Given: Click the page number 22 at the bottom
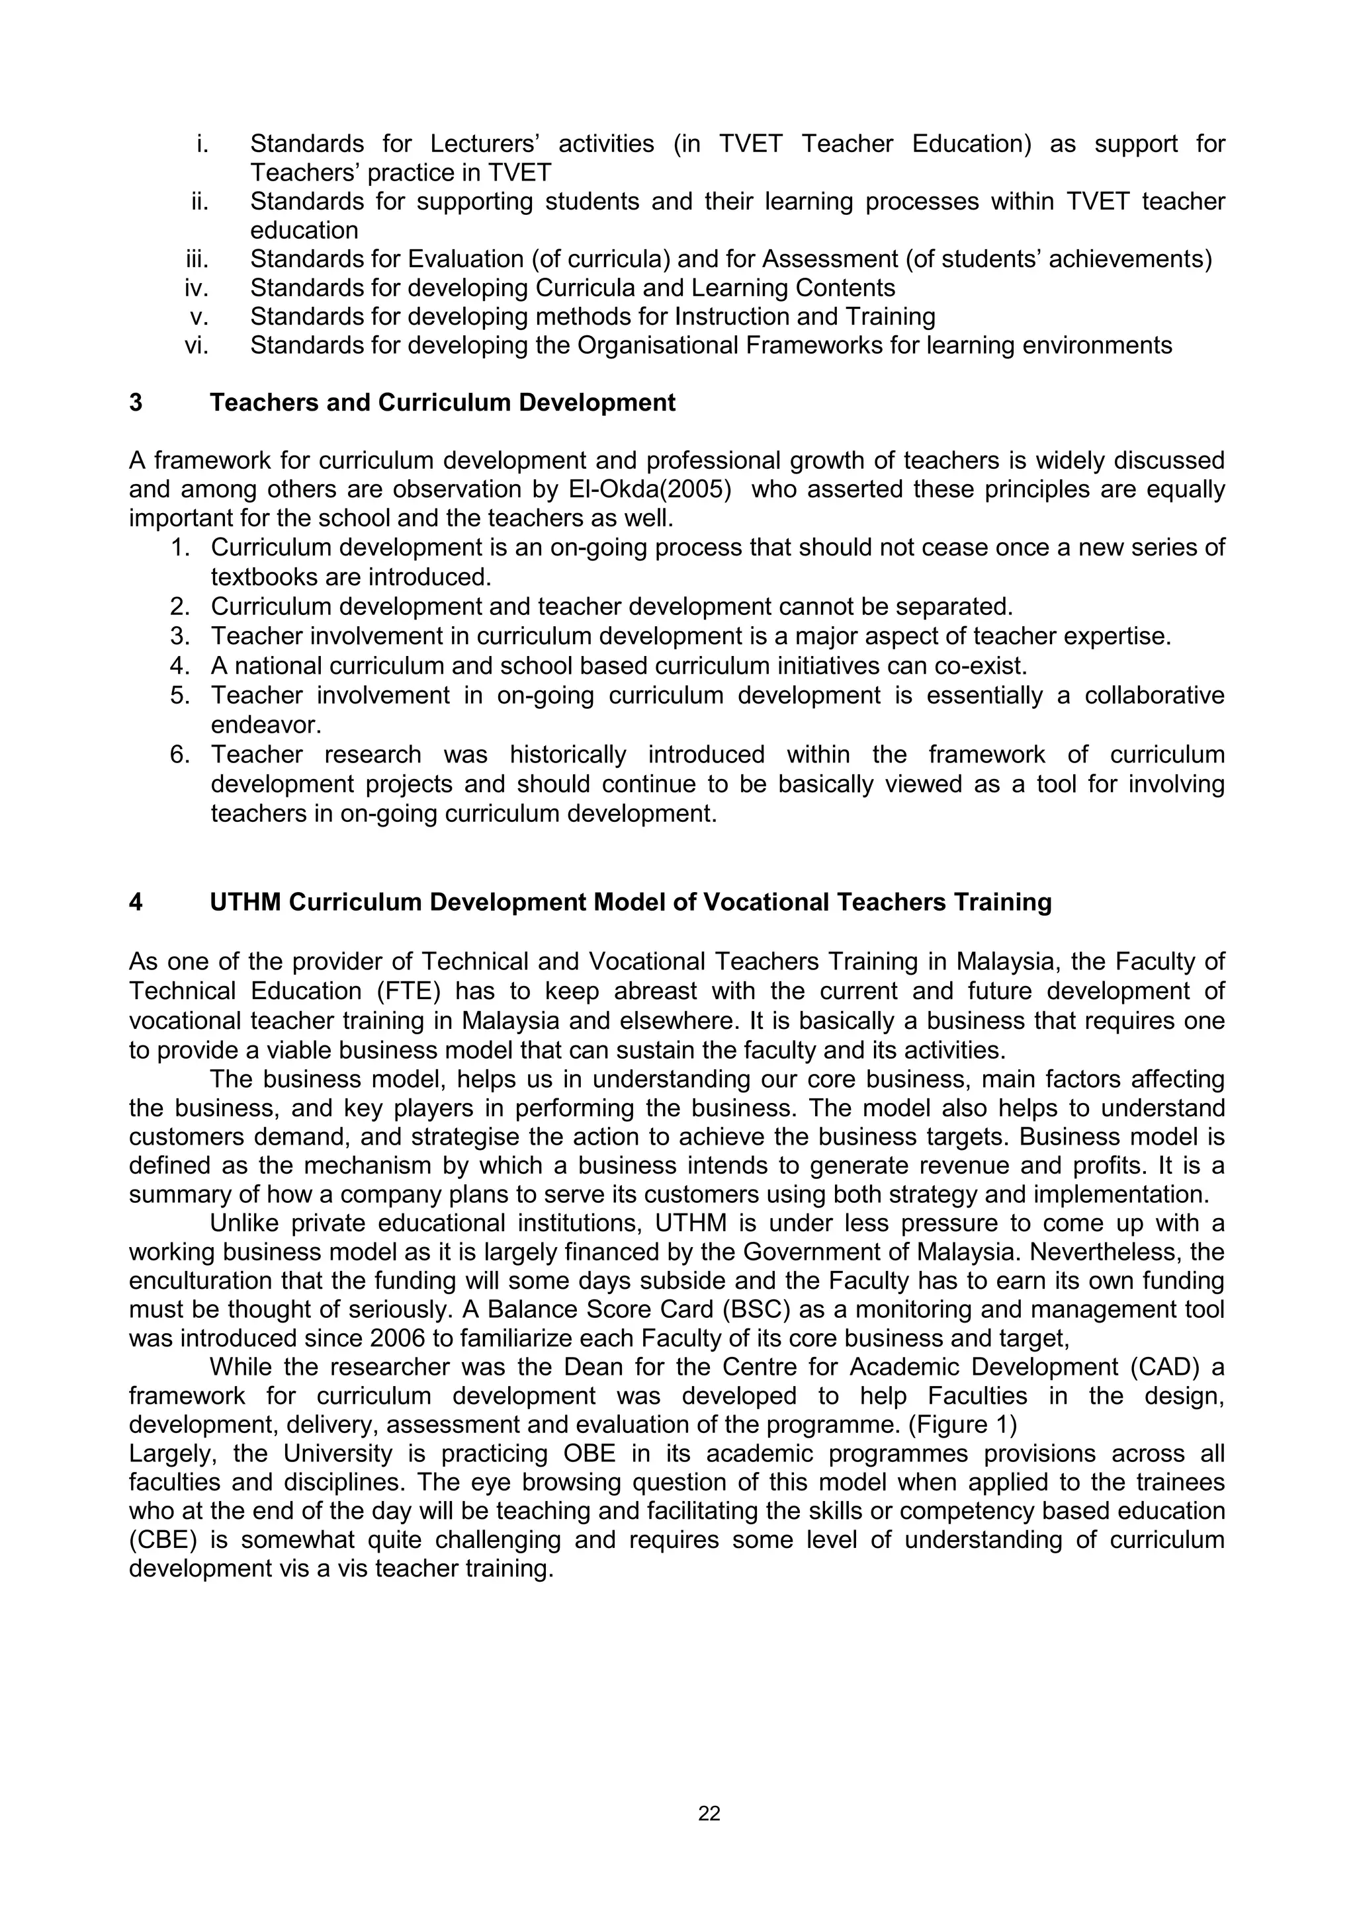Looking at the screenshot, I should [x=709, y=1813].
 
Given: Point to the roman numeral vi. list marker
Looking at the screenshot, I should [x=197, y=345].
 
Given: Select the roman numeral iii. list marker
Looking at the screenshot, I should [x=197, y=259].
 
